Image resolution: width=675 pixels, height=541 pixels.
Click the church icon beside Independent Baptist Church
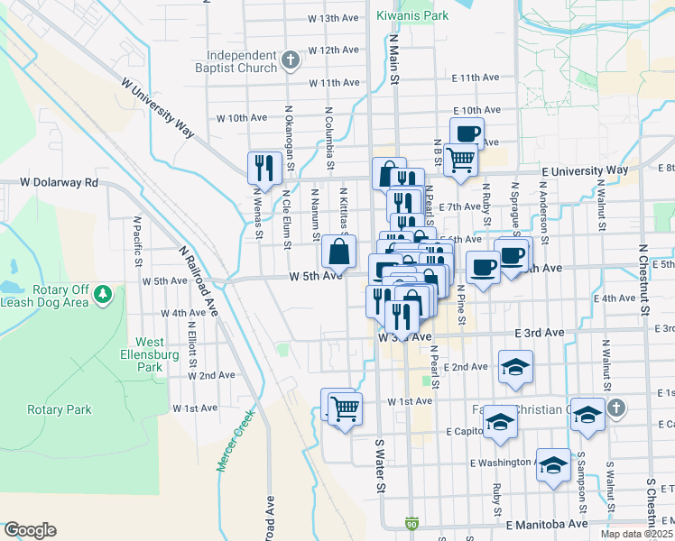pyautogui.click(x=291, y=61)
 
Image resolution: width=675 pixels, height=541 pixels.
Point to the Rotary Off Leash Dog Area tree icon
pyautogui.click(x=104, y=293)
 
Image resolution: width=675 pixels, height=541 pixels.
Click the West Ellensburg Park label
pyautogui.click(x=150, y=354)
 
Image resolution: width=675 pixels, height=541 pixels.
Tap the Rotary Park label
pyautogui.click(x=60, y=409)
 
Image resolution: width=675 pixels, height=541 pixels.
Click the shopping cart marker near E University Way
pyautogui.click(x=461, y=160)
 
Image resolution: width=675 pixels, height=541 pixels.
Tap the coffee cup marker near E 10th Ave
pyautogui.click(x=467, y=133)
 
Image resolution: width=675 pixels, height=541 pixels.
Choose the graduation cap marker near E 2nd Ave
pyautogui.click(x=515, y=366)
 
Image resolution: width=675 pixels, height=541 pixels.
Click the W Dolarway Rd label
pyautogui.click(x=59, y=182)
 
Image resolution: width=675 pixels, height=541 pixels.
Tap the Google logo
pyautogui.click(x=30, y=530)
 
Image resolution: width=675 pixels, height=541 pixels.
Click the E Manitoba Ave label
pyautogui.click(x=547, y=523)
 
